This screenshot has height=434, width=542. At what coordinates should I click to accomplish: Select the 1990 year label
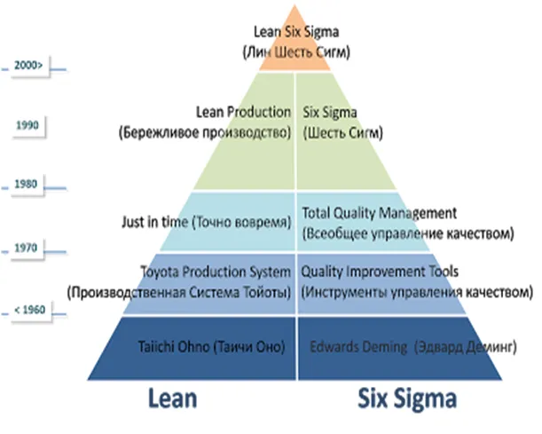click(27, 125)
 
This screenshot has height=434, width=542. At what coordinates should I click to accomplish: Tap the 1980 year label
click(27, 184)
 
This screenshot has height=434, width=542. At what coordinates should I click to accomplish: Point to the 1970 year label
click(27, 249)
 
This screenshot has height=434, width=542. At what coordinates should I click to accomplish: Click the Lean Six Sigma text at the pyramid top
click(295, 34)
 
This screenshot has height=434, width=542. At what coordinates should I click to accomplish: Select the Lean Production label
click(242, 113)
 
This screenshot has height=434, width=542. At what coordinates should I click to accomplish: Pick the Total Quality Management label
click(379, 213)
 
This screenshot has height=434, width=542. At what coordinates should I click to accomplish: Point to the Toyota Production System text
click(216, 271)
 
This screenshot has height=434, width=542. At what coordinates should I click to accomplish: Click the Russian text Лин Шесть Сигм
click(295, 51)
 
